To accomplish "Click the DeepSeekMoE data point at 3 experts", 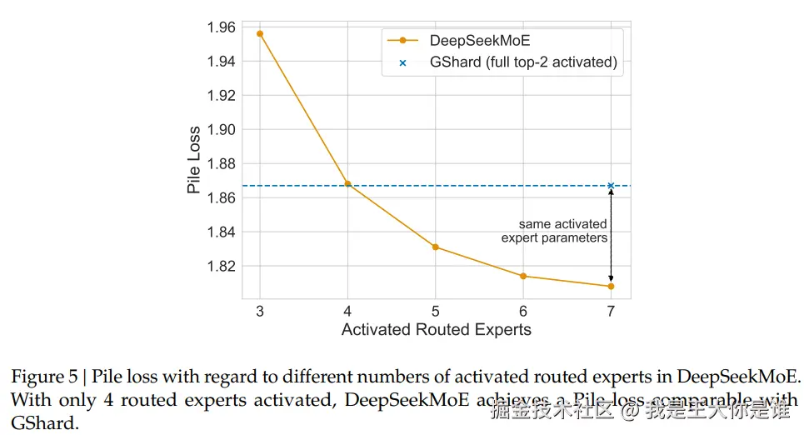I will click(260, 34).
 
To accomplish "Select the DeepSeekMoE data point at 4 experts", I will click(347, 184).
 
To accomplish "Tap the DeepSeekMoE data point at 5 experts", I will click(436, 247).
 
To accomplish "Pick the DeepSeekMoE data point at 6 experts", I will click(523, 276).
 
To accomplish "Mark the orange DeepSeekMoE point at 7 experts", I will click(611, 287).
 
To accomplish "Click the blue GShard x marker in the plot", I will click(611, 186).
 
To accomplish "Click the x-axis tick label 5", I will click(436, 310).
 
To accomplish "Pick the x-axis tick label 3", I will click(260, 310).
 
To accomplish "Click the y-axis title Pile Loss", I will click(194, 160).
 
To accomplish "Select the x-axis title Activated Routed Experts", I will click(436, 330).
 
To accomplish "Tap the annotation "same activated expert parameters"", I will click(555, 231).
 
